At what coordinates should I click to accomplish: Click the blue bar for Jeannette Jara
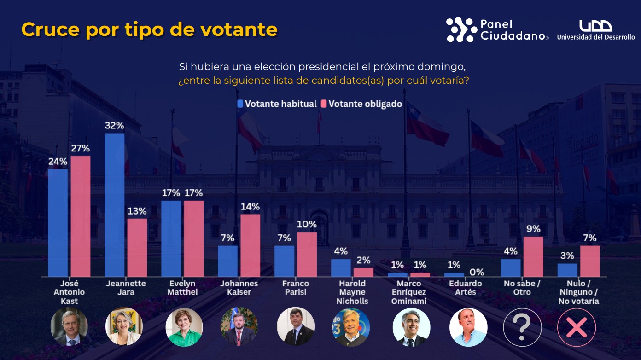[114, 205]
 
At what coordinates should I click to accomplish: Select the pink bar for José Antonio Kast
[81, 216]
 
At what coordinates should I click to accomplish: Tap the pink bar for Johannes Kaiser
[250, 245]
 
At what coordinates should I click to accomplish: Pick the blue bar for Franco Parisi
[284, 261]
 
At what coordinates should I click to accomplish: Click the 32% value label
[114, 125]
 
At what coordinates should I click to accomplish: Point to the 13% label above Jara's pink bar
[137, 211]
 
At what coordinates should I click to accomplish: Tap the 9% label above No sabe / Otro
[533, 229]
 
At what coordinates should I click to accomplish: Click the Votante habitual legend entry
[277, 104]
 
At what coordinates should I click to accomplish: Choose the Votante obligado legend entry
[361, 104]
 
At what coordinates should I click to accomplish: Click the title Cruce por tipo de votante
[149, 29]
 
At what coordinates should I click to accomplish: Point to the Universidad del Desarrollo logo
[596, 30]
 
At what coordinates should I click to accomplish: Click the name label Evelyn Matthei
[182, 288]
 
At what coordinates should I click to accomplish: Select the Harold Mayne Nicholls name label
[352, 292]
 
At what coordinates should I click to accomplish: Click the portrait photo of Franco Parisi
[296, 326]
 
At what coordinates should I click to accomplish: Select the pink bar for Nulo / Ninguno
[590, 261]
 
